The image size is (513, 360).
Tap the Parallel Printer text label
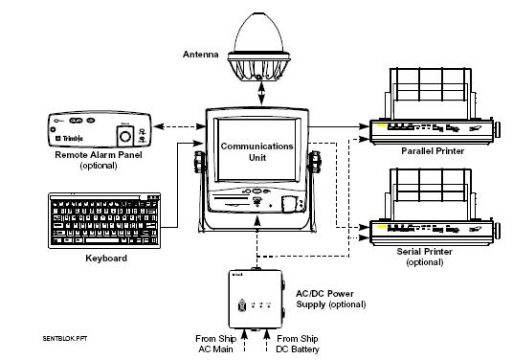pyautogui.click(x=433, y=149)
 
